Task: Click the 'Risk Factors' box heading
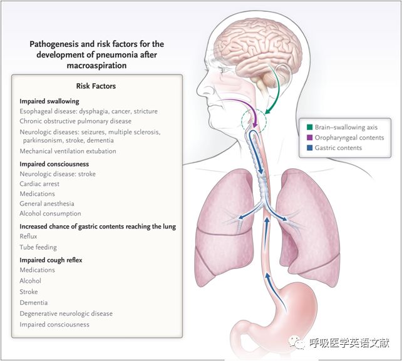point(96,86)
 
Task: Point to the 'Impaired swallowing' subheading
point(49,101)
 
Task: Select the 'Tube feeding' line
point(38,248)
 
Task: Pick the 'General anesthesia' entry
point(47,204)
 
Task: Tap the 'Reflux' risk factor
point(29,237)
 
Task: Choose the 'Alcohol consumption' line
point(50,214)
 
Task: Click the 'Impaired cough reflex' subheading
point(51,260)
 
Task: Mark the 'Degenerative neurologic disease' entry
point(66,313)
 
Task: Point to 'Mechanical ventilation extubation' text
point(68,151)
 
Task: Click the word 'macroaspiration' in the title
point(96,65)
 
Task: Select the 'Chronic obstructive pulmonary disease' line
point(75,121)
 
